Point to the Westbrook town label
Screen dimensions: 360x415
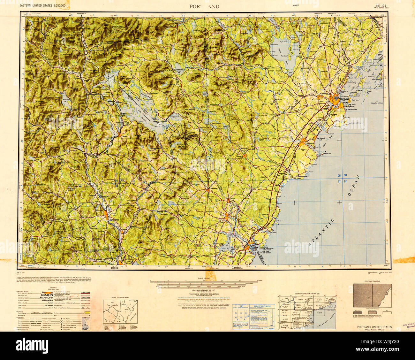324,93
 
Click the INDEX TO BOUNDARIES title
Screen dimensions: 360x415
118,297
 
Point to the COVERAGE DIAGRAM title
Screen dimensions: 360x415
372,281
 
